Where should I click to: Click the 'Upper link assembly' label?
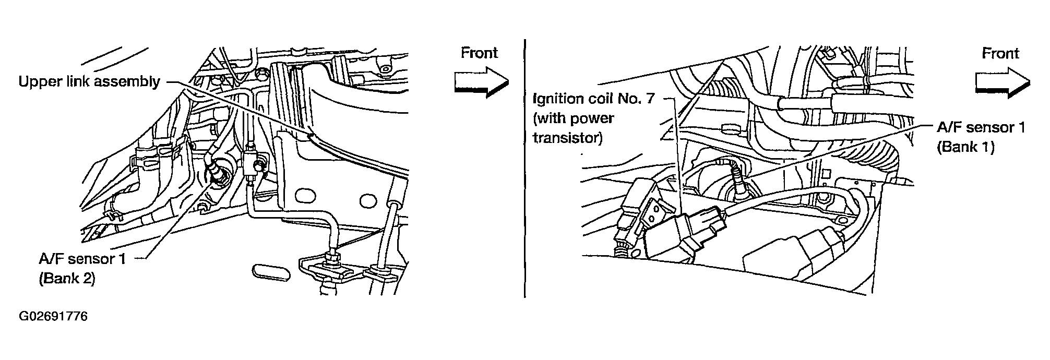point(89,82)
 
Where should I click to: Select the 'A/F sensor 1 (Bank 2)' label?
point(82,268)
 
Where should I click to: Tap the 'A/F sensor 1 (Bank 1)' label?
point(981,137)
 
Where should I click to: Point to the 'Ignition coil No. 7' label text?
point(592,99)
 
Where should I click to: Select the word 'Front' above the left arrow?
point(479,53)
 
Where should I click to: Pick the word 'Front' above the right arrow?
point(1000,53)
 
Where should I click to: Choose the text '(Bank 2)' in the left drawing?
point(66,279)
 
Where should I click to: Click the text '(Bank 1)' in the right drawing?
point(965,147)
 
